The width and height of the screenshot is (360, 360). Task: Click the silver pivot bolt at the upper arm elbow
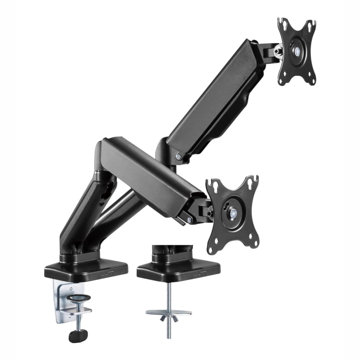[180, 156]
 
